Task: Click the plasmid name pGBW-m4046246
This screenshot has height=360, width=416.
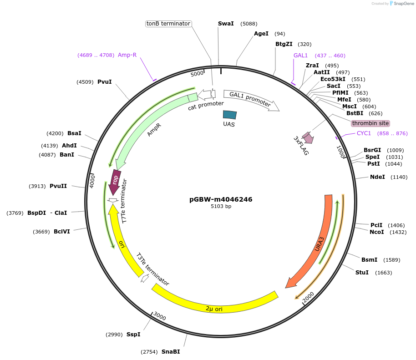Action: tap(221, 199)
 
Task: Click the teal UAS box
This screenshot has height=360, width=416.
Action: tap(230, 115)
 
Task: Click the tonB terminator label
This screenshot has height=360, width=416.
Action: tap(168, 24)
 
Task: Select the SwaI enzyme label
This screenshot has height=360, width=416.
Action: tap(226, 24)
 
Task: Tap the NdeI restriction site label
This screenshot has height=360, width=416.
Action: tap(377, 177)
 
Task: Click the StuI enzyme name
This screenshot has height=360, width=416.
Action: tap(362, 273)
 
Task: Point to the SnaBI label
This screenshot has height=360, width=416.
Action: tap(171, 352)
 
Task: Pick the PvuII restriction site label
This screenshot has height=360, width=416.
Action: tap(58, 186)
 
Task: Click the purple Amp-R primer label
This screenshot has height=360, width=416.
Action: tap(127, 55)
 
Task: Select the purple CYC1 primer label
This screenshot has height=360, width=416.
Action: tap(364, 133)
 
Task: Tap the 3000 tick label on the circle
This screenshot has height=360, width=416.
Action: tap(160, 316)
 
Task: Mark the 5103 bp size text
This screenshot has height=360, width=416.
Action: tap(221, 207)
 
